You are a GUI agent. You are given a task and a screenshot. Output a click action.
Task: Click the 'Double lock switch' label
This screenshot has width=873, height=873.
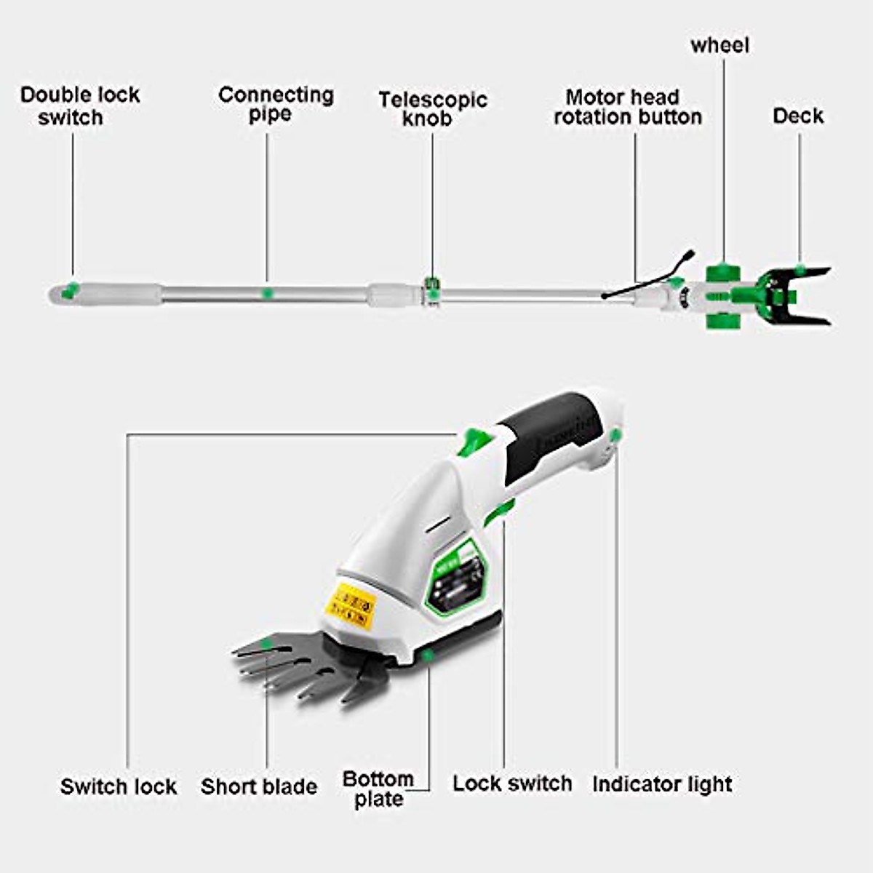(x=79, y=106)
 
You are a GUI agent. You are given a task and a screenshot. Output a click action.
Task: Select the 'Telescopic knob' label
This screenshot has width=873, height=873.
(x=432, y=109)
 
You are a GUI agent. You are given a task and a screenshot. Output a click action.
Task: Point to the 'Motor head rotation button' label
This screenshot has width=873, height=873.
(x=627, y=107)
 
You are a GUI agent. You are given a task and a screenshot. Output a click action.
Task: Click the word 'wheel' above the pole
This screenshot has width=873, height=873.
(x=719, y=45)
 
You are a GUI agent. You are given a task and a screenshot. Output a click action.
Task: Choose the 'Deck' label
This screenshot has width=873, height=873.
(x=798, y=116)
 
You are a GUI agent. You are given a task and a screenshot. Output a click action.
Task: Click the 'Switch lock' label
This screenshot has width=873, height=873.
(x=119, y=786)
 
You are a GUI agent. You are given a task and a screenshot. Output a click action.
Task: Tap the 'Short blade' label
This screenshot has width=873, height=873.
(x=259, y=786)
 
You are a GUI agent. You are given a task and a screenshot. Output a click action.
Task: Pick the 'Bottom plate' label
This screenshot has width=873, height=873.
(x=378, y=789)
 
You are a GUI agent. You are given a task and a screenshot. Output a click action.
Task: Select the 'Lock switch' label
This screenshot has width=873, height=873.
(x=512, y=784)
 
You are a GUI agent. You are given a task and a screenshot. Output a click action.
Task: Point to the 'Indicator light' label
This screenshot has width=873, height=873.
(x=662, y=784)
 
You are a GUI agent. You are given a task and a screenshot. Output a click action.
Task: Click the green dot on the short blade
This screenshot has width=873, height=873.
(x=268, y=643)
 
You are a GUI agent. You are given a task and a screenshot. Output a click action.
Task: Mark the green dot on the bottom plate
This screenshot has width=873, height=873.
(x=428, y=655)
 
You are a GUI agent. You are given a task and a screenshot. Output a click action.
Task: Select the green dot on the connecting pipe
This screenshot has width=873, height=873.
(x=267, y=292)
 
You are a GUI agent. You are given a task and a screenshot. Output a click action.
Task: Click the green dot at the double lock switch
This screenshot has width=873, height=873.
(x=71, y=289)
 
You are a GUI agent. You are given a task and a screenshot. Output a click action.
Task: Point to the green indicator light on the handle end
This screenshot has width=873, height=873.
(x=616, y=436)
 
